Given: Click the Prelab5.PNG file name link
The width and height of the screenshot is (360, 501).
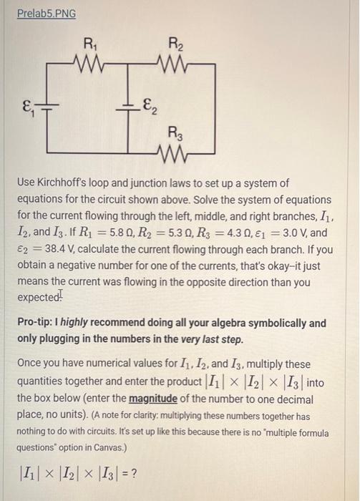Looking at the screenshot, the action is [47, 14].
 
